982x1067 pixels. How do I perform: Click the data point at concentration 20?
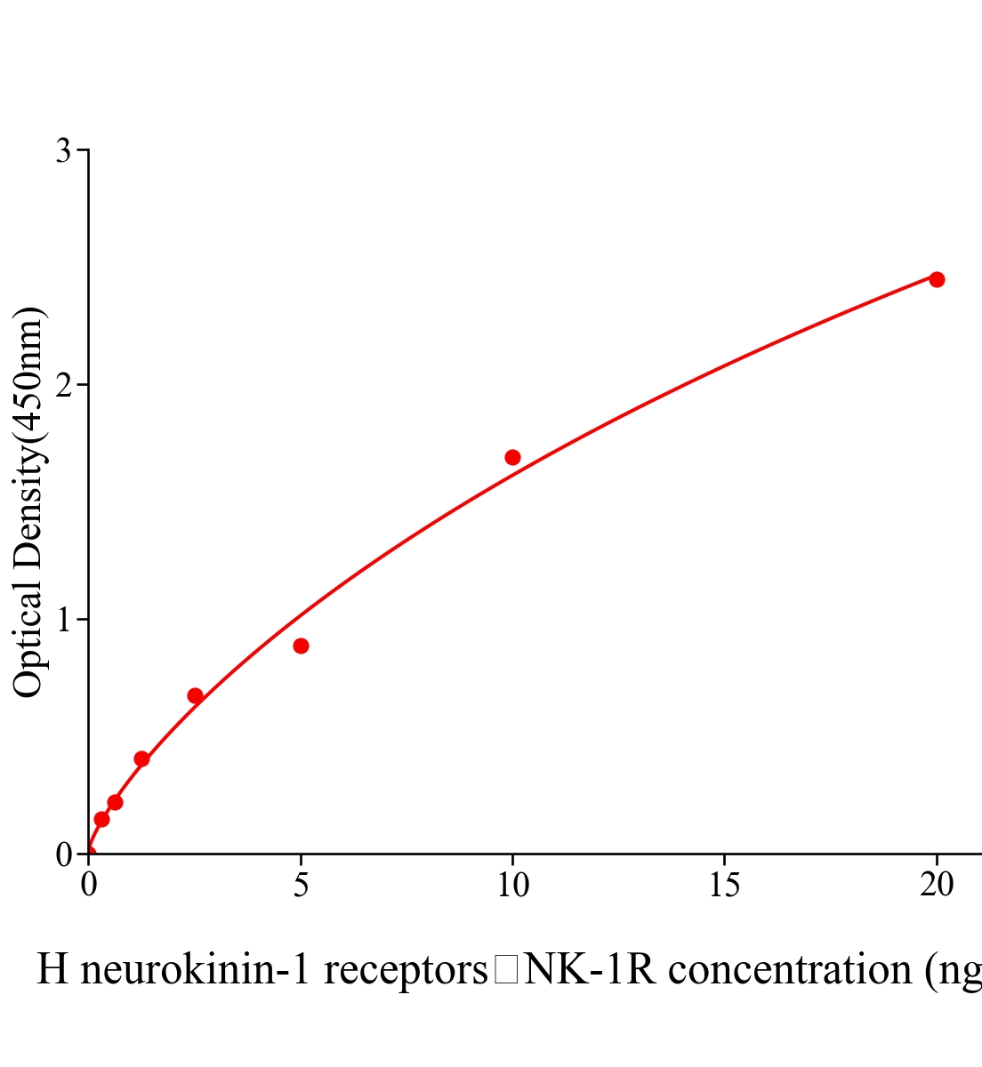pyautogui.click(x=937, y=279)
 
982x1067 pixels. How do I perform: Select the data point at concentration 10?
pyautogui.click(x=512, y=457)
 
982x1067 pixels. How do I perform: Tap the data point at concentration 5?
pyautogui.click(x=301, y=646)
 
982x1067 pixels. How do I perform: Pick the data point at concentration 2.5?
pyautogui.click(x=195, y=695)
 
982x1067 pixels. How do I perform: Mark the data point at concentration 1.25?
pyautogui.click(x=141, y=758)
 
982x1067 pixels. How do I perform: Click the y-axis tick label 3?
pyautogui.click(x=63, y=151)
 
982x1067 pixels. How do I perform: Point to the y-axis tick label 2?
pyautogui.click(x=63, y=385)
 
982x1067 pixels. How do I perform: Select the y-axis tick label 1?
pyautogui.click(x=63, y=620)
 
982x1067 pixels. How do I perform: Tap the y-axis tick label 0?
pyautogui.click(x=63, y=854)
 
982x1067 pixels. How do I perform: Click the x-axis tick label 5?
pyautogui.click(x=301, y=886)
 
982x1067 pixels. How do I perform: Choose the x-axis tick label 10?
pyautogui.click(x=512, y=886)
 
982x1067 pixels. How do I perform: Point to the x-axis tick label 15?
pyautogui.click(x=725, y=886)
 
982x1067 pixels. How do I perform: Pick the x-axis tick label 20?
pyautogui.click(x=937, y=886)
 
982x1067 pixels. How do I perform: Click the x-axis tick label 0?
pyautogui.click(x=89, y=886)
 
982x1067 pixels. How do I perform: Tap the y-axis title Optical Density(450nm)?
pyautogui.click(x=28, y=502)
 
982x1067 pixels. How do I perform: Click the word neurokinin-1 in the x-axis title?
pyautogui.click(x=197, y=970)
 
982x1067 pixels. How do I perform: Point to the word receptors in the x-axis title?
pyautogui.click(x=406, y=970)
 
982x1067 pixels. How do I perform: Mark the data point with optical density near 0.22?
pyautogui.click(x=115, y=802)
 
